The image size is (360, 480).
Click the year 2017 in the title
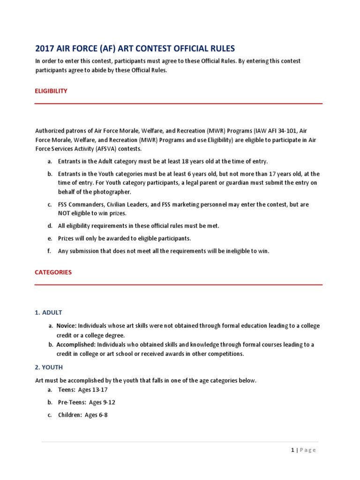coord(45,48)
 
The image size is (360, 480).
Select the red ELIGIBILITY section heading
coord(52,91)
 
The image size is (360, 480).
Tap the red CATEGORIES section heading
coord(53,272)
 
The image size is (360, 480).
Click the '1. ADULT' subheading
coord(49,312)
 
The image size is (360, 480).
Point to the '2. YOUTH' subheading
coord(49,367)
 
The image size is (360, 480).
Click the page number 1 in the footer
coord(292,450)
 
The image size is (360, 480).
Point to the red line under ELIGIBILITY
coord(179,104)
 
